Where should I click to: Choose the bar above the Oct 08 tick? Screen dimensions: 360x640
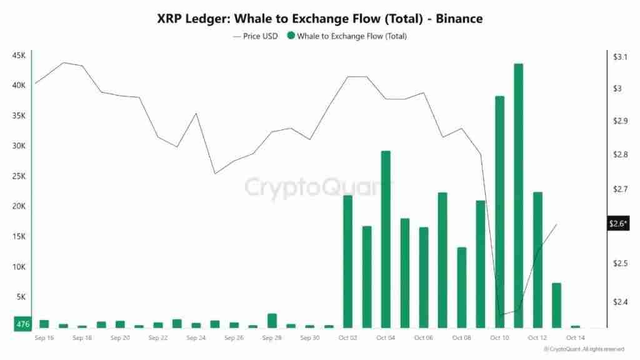pos(461,287)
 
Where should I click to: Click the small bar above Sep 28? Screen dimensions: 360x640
pos(272,321)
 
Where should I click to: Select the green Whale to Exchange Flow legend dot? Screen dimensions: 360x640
pos(291,36)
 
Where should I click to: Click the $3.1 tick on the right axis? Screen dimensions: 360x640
pos(618,57)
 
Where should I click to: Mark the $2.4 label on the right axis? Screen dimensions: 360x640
pos(618,302)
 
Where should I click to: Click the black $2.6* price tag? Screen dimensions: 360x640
pos(618,224)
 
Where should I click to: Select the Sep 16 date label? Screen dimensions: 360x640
pos(44,338)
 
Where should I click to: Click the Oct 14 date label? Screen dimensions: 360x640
pos(575,338)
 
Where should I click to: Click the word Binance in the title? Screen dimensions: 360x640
pos(459,19)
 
